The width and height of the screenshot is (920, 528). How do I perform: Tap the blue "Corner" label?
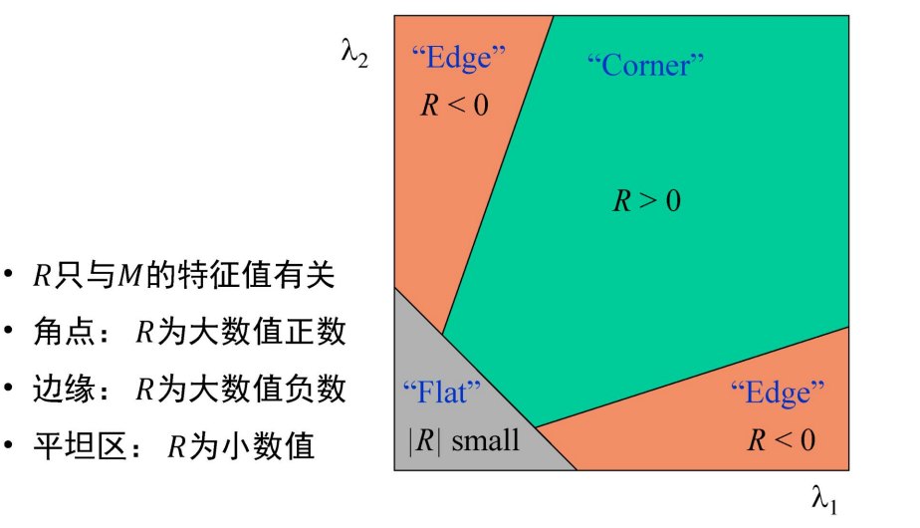click(645, 66)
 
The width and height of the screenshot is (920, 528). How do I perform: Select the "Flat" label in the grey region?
click(441, 392)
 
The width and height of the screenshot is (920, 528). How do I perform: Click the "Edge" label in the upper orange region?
click(459, 57)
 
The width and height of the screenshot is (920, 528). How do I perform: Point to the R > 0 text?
click(646, 201)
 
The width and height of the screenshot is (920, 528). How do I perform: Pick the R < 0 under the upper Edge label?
click(455, 105)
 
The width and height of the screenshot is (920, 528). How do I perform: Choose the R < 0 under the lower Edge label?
click(782, 438)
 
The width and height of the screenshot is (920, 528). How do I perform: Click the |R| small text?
click(464, 439)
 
